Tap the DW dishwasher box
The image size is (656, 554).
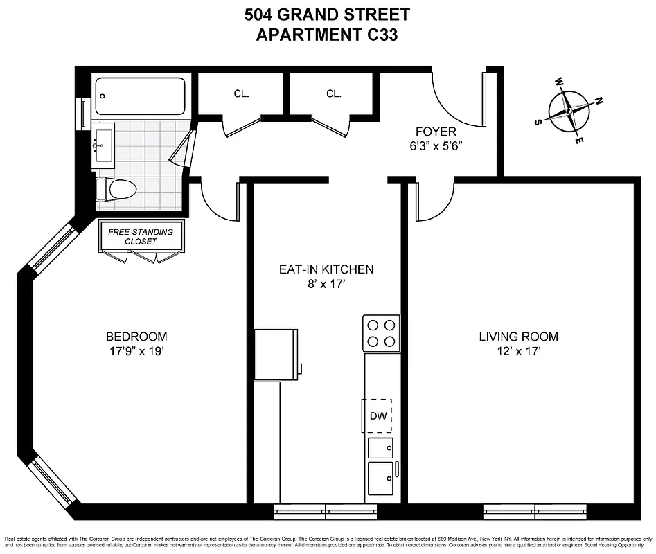pos(378,415)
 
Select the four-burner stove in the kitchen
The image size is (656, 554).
pos(382,332)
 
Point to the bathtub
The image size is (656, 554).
pos(140,96)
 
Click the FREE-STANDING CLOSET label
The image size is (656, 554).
pos(141,236)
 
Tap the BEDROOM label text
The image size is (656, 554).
pos(136,337)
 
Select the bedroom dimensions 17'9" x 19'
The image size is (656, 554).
pos(136,350)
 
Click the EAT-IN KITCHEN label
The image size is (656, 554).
pos(326,269)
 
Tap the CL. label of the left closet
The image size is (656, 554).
pos(241,93)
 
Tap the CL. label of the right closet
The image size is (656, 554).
pos(334,93)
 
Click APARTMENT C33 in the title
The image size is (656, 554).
pos(327,36)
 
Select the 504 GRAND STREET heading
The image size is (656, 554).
pos(327,15)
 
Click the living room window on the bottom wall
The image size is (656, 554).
pos(535,512)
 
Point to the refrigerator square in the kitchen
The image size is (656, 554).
pos(276,354)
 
